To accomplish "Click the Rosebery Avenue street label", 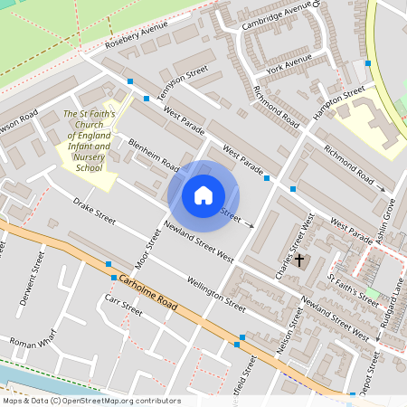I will pos(137,35).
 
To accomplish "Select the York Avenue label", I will pos(289,63).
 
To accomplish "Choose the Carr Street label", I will pos(123,305).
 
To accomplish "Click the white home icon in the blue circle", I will pos(203,194).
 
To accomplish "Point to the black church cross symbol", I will pos(299,260).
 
